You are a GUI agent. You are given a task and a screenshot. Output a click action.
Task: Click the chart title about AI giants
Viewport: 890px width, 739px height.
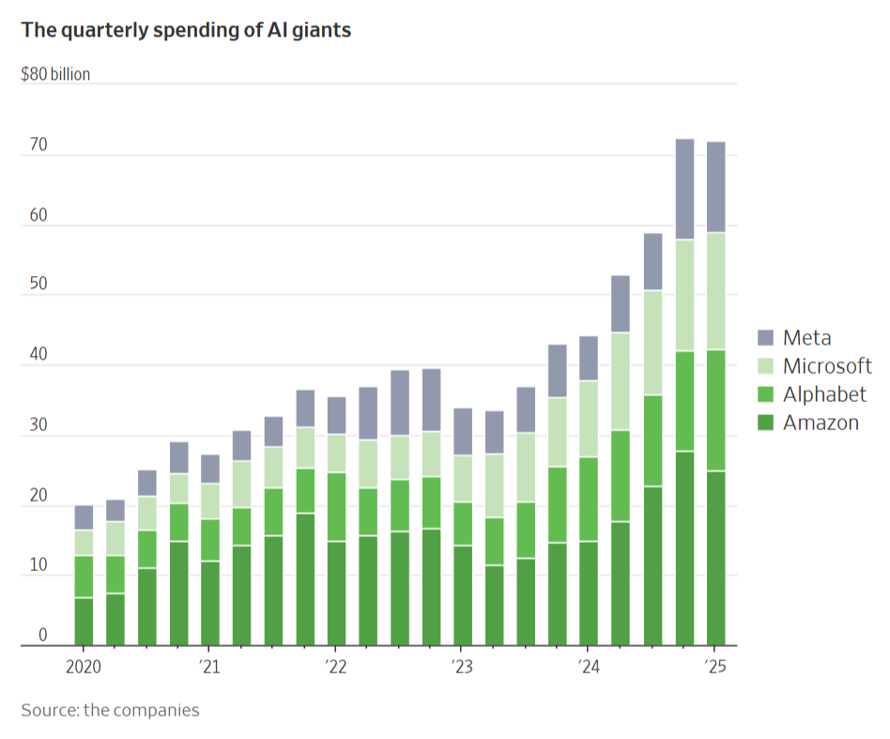click(186, 30)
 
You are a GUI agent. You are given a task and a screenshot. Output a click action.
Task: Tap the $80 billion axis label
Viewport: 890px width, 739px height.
click(55, 74)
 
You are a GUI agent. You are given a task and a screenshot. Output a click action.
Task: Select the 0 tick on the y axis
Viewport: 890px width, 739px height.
click(42, 636)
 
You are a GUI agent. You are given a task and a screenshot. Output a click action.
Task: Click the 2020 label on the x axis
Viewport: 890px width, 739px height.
click(84, 668)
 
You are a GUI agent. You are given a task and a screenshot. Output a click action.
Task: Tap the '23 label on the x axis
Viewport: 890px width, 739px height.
click(461, 668)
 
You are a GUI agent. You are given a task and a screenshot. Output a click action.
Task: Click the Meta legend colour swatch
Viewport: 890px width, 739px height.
click(765, 338)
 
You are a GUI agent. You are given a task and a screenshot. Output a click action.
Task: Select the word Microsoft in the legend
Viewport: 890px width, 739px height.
click(827, 366)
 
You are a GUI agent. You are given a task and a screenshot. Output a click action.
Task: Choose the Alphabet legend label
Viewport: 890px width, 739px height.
click(824, 394)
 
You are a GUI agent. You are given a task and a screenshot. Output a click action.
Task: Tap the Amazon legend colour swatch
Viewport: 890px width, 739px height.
click(765, 423)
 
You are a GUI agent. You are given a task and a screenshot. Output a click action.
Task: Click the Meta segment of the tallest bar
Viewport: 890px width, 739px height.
click(685, 189)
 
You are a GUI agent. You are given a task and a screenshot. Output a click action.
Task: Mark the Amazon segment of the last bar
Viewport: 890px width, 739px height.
click(716, 558)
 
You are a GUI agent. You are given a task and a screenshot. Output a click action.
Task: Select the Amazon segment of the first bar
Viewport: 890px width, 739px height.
click(84, 621)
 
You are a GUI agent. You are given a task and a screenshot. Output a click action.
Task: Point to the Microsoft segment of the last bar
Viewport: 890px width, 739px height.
click(716, 290)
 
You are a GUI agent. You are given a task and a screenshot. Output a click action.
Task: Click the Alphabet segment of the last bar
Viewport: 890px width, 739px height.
click(716, 409)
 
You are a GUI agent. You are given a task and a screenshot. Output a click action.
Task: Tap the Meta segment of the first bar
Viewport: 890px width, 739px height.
click(84, 517)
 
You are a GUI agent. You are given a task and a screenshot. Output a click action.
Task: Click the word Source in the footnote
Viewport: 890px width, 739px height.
click(49, 710)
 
